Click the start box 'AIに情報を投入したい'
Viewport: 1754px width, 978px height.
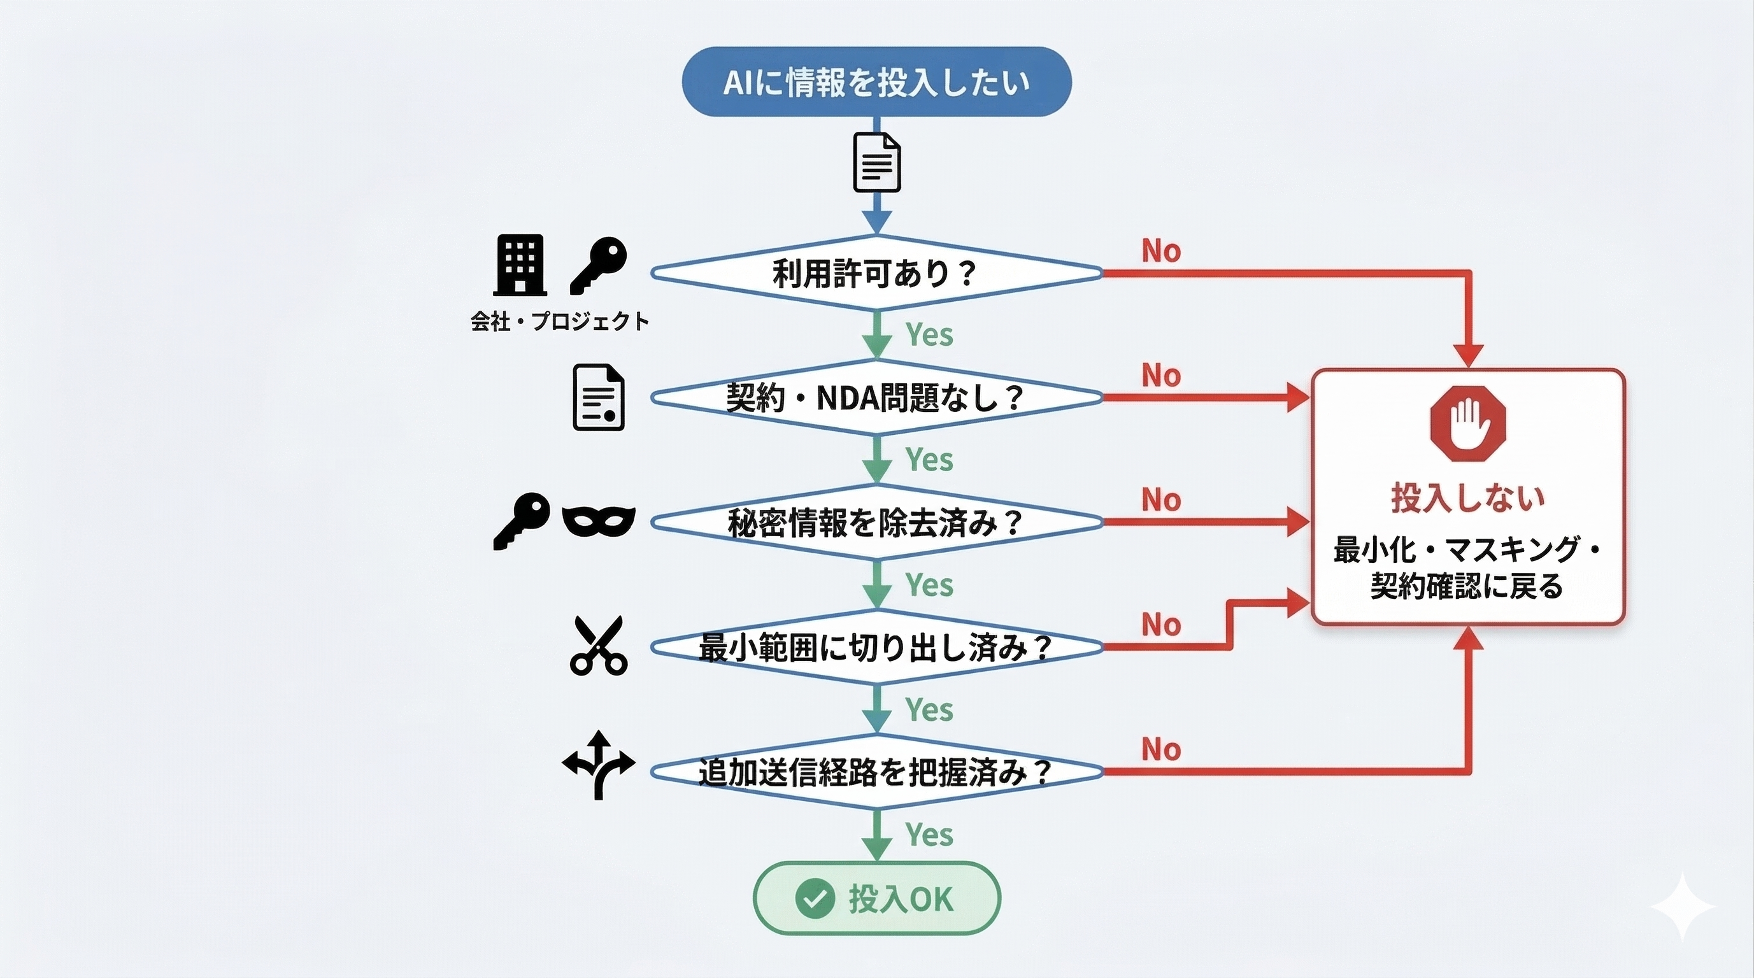click(x=876, y=81)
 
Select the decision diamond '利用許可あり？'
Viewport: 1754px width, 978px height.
click(x=876, y=273)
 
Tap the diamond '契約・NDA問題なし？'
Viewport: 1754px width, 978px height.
click(x=876, y=397)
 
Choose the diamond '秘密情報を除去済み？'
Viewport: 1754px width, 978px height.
click(x=876, y=523)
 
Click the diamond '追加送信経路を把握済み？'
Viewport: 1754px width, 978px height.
click(x=876, y=772)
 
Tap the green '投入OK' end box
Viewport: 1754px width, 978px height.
click(x=876, y=898)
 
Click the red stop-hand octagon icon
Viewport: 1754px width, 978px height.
click(x=1467, y=423)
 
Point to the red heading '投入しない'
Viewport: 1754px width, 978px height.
click(x=1467, y=497)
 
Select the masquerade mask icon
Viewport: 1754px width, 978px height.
click(x=599, y=522)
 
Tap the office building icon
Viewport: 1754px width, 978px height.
click(x=520, y=266)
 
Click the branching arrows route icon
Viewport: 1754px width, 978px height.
click(x=599, y=765)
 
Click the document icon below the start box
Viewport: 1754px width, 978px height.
click(x=877, y=162)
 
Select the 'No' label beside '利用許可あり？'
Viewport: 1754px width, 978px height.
click(x=1161, y=251)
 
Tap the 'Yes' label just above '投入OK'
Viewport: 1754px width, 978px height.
click(x=929, y=834)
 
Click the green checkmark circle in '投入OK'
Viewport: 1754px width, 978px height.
click(x=815, y=898)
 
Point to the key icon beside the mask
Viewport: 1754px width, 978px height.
click(x=522, y=521)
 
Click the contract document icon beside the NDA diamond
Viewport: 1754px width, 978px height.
click(x=599, y=398)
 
